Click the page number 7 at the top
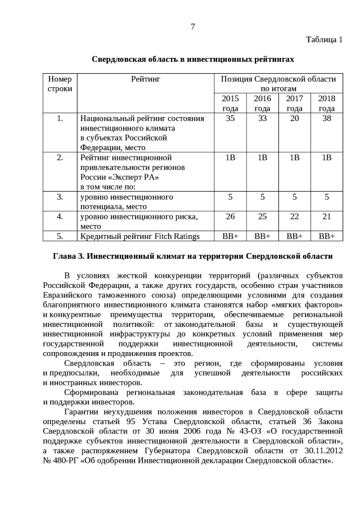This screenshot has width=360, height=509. pos(192,26)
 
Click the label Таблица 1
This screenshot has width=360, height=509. pos(324,39)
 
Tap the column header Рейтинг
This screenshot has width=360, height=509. pos(146,79)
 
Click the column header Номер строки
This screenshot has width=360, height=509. pos(60,84)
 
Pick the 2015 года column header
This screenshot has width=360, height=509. pos(230,103)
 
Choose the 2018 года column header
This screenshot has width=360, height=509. pos(326,103)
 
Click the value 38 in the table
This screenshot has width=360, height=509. pos(326,119)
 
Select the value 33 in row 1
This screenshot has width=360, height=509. pos(262,119)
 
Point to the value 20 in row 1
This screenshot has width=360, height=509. pos(294,119)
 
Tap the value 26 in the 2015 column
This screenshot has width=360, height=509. pos(230,216)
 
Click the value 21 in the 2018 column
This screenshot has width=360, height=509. pos(326,216)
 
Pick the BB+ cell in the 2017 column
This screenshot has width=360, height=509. pos(294,236)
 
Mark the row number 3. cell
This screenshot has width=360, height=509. pos(60,197)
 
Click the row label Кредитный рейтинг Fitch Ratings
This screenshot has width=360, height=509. pos(140,236)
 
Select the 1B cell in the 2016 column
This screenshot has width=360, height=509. pos(262,157)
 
